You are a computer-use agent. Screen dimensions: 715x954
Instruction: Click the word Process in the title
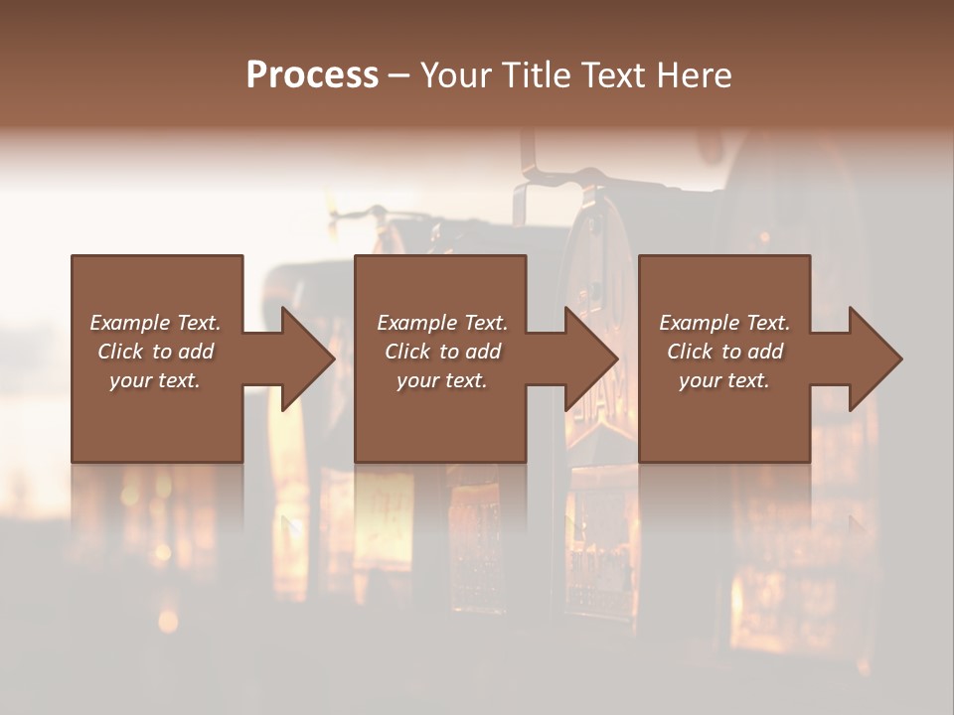click(x=312, y=75)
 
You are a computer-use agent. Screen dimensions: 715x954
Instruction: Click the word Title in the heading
click(x=532, y=75)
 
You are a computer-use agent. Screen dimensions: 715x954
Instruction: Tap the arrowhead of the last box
click(x=874, y=358)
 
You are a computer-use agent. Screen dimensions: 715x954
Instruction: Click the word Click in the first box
click(x=120, y=352)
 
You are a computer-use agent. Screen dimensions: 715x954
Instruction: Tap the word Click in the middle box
click(x=407, y=352)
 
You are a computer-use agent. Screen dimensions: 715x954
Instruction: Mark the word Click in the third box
click(x=690, y=352)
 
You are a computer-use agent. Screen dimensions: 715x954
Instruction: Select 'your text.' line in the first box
click(x=155, y=380)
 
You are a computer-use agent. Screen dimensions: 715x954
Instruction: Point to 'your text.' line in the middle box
click(x=442, y=380)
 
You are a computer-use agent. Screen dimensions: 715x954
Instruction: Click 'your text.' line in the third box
click(x=724, y=380)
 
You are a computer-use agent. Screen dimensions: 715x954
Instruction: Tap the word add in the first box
click(x=196, y=352)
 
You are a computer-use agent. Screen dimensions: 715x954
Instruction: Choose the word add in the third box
click(x=765, y=352)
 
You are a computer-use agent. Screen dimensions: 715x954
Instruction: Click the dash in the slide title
click(x=398, y=75)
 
